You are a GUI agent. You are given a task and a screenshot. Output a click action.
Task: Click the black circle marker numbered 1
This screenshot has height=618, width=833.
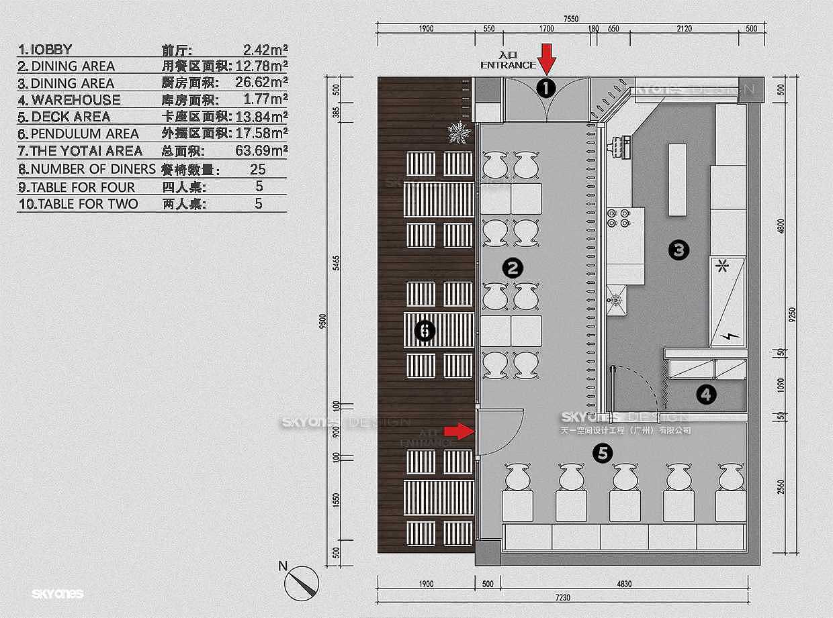click(x=546, y=88)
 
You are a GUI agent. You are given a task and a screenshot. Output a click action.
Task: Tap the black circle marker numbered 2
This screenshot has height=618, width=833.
click(x=513, y=268)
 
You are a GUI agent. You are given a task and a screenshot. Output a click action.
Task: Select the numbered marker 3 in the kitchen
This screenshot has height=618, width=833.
click(x=678, y=250)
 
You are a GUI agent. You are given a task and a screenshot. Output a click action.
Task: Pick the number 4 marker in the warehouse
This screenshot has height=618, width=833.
click(x=705, y=395)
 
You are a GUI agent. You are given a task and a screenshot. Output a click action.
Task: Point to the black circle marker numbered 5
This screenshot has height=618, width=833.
click(x=603, y=454)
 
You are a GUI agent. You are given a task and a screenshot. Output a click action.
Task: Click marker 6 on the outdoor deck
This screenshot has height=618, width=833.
click(x=424, y=330)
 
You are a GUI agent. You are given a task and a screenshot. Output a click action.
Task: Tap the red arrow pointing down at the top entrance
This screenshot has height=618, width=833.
click(x=547, y=59)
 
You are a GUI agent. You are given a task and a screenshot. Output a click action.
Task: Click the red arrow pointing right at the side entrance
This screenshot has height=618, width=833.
click(x=459, y=431)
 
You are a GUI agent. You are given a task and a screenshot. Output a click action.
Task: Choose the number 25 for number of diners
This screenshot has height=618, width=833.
click(x=258, y=169)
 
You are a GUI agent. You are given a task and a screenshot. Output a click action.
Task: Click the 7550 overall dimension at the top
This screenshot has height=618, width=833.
click(x=570, y=19)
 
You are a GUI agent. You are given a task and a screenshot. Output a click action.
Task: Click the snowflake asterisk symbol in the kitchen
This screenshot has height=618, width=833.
click(x=723, y=266)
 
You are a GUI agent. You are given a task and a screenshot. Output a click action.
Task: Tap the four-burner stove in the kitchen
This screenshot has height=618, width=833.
click(x=618, y=217)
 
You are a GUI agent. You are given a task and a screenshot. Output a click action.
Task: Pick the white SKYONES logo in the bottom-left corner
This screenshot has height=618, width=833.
click(x=57, y=594)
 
